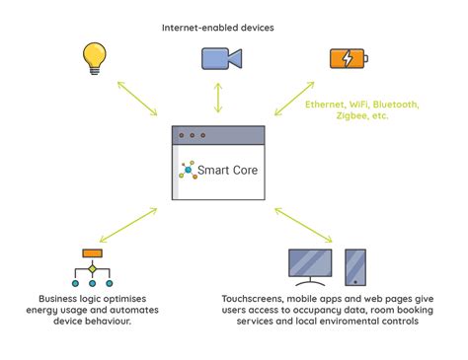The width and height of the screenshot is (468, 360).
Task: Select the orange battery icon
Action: [350, 58]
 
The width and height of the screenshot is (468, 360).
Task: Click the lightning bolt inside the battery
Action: [347, 58]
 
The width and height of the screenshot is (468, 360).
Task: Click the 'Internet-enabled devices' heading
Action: [218, 27]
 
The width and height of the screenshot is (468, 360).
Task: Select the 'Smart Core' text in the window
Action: [228, 170]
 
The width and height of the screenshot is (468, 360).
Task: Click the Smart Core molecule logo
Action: [187, 170]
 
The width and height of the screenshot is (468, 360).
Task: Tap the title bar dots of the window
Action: [190, 135]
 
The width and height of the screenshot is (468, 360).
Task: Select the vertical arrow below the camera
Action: [219, 99]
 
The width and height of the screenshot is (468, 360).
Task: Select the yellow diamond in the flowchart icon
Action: [92, 268]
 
